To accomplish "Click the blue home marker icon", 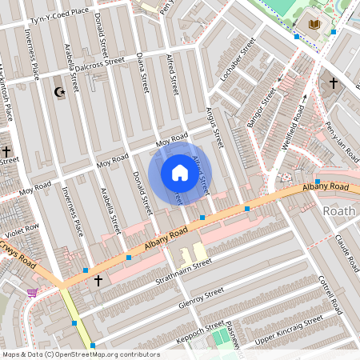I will click(x=179, y=173).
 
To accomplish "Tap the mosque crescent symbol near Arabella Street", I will click(x=58, y=93).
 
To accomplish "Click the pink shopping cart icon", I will click(x=32, y=294).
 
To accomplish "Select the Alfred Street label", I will click(x=170, y=70).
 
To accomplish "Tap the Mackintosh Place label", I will click(x=7, y=92).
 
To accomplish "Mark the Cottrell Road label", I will click(x=329, y=294).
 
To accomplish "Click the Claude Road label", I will click(x=346, y=250).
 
